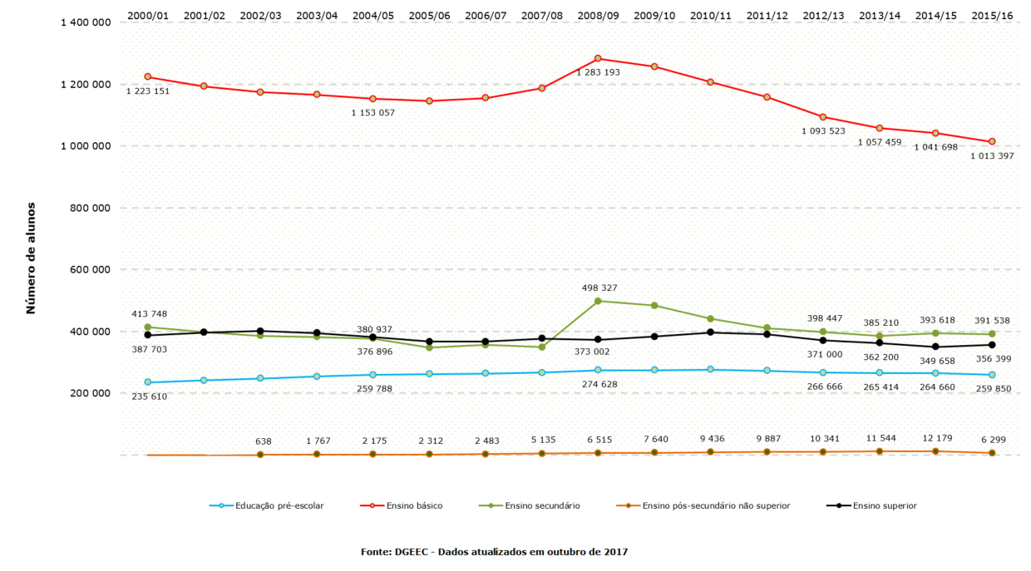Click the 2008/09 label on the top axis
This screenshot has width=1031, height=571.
pos(597,15)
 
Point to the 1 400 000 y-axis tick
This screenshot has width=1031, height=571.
pos(86,22)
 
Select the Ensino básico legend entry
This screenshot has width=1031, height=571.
pos(413,505)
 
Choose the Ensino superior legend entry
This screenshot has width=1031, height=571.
pos(885,505)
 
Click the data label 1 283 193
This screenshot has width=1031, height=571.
pos(598,73)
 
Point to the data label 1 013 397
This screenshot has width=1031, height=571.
pos(992,156)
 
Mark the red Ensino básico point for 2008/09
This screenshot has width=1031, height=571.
pos(598,58)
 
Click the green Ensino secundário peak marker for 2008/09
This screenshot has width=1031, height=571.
pos(598,301)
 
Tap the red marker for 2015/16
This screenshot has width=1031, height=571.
pos(992,141)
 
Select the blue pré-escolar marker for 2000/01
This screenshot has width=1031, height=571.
pos(148,382)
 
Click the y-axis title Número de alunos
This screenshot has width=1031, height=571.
pos(31,258)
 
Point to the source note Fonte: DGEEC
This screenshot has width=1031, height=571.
pos(494,552)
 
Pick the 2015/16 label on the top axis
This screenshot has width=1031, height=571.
pos(992,15)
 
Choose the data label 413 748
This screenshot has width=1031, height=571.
pos(150,313)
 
